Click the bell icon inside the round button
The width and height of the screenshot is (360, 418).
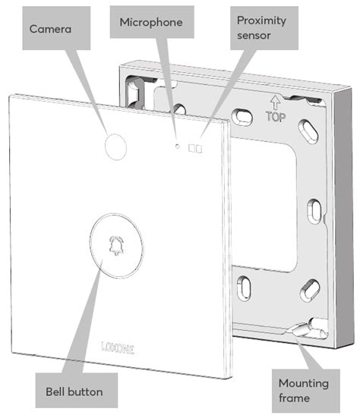pyautogui.click(x=115, y=244)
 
